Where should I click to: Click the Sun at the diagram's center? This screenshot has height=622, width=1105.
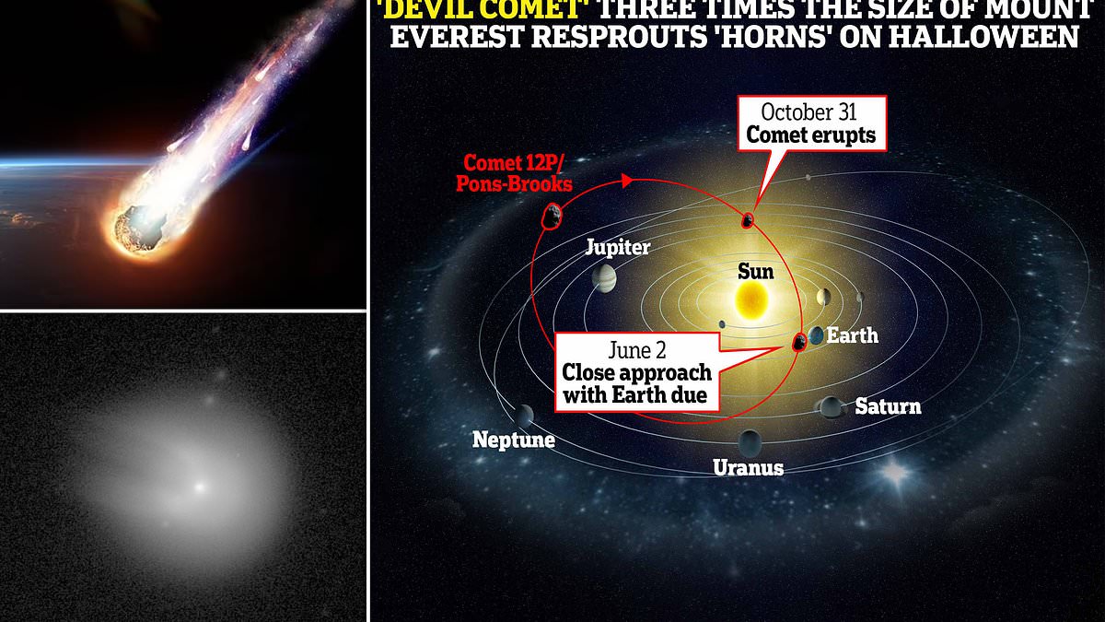click(751, 299)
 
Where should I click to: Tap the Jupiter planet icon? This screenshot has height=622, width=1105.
click(604, 278)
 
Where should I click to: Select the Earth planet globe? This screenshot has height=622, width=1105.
click(817, 335)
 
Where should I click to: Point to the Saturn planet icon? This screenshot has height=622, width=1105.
click(832, 407)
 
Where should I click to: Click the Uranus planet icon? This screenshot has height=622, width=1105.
click(750, 443)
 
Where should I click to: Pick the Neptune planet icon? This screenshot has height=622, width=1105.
click(523, 417)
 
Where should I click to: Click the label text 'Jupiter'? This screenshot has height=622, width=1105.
click(618, 248)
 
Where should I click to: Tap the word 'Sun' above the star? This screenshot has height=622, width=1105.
click(755, 272)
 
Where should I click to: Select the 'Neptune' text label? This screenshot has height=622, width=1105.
click(514, 440)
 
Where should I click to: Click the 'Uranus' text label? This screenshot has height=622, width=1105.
click(748, 467)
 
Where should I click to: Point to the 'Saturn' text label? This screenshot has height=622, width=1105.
click(888, 406)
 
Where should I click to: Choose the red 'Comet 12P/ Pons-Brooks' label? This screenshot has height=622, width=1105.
click(514, 173)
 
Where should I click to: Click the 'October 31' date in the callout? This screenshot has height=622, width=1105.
click(808, 112)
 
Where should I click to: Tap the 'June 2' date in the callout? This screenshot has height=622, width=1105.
click(637, 350)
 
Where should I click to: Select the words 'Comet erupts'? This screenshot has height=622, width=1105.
click(811, 135)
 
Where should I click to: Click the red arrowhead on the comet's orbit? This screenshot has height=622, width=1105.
click(627, 181)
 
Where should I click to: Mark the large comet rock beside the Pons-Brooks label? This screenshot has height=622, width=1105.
click(552, 217)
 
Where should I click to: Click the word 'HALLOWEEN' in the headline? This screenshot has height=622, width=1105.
click(959, 37)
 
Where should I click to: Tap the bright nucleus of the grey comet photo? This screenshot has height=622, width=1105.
click(200, 487)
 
